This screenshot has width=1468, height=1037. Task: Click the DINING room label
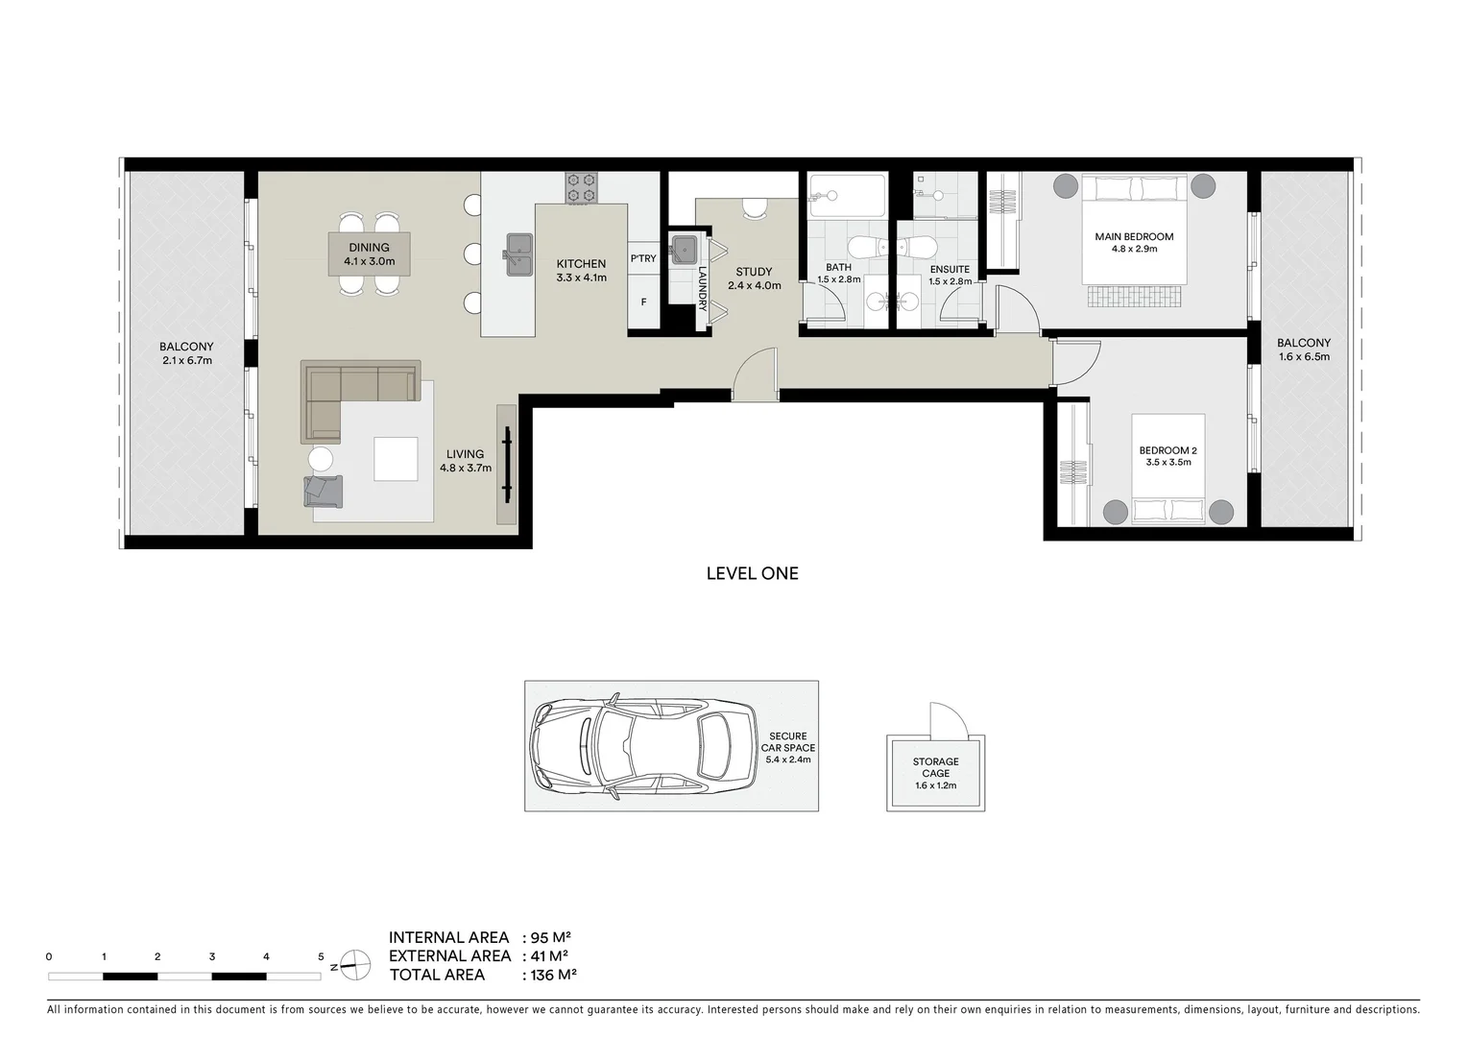pos(370,248)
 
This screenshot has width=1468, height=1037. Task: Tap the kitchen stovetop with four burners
pos(581,187)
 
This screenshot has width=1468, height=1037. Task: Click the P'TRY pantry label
pos(643,259)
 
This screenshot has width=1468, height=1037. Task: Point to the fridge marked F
pos(643,302)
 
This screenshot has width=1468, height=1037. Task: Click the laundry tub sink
pos(684,249)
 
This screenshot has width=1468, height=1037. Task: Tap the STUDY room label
pos(754,273)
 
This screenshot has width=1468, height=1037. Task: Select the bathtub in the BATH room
pos(846,197)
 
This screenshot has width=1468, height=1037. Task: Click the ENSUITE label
pos(950,270)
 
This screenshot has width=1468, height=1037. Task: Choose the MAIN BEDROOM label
pos(1134,237)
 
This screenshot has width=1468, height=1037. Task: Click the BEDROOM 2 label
pos(1167,450)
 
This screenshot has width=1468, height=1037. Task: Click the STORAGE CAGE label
pos(935,767)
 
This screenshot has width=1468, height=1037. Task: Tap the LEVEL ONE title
pos(752,573)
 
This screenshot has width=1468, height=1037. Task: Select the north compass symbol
pos(354,964)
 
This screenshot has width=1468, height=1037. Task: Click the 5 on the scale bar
pos(321,956)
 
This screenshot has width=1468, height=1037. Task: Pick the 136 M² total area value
pos(552,975)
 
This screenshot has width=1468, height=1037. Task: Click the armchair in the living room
pos(324,490)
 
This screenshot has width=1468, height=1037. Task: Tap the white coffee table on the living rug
pos(396,459)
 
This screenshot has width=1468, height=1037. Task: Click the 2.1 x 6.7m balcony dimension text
pos(186,361)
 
